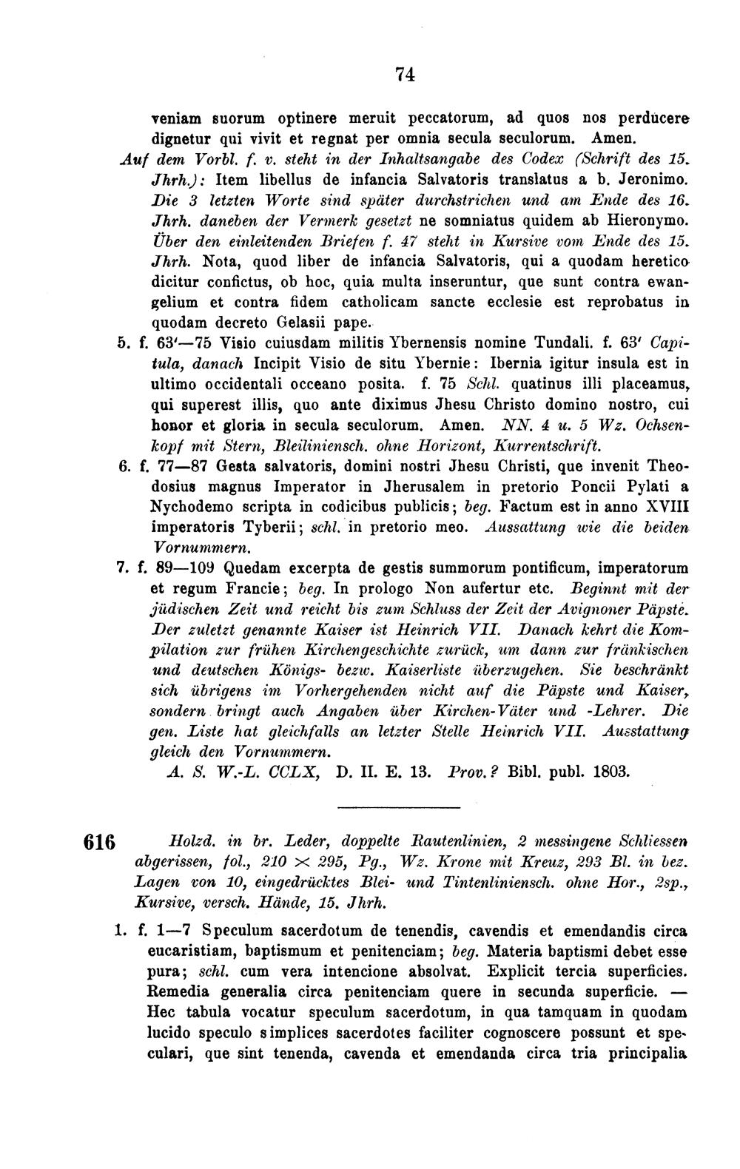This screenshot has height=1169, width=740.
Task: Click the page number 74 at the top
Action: tap(404, 74)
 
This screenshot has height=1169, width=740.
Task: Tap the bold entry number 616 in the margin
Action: tap(101, 843)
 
